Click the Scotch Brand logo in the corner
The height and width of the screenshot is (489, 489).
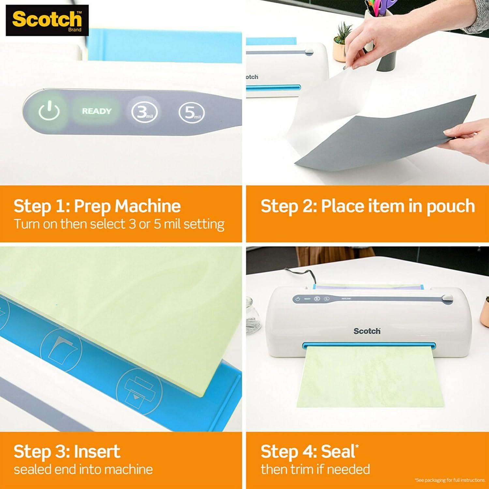coord(47,20)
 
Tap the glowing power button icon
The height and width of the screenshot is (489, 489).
coord(49,111)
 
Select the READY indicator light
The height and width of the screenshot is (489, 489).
coord(96,111)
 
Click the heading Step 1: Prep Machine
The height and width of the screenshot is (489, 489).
coord(97,206)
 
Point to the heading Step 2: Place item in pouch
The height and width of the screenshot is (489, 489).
coord(367,206)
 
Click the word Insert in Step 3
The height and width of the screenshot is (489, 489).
coord(97,452)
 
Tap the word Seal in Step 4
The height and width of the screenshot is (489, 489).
coord(338,452)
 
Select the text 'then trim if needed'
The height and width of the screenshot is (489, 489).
coord(315,469)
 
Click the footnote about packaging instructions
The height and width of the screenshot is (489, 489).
coord(450,480)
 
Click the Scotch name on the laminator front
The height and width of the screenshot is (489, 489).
coord(367,331)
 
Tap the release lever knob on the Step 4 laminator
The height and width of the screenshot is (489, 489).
coord(447,298)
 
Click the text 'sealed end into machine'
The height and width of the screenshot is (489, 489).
coord(83,469)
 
